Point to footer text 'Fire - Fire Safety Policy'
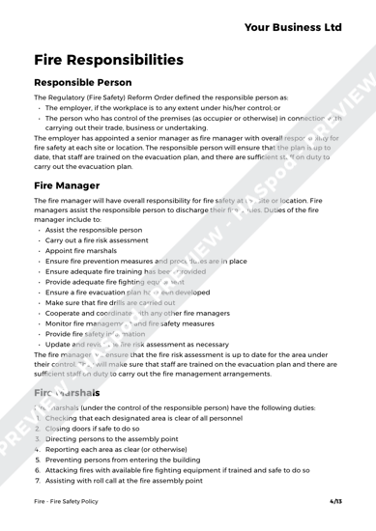click(70, 499)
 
